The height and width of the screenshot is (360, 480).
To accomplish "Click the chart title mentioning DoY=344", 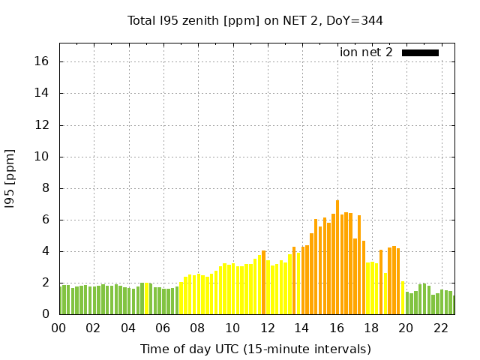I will (255, 21).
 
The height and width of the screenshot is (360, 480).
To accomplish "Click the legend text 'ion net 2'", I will (366, 52).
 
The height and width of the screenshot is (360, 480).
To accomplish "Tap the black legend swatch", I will (420, 52).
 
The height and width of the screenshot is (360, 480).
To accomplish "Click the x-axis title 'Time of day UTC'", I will (255, 349).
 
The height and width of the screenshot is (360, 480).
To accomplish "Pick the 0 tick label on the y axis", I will (46, 314).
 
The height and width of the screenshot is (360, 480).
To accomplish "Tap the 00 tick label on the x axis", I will (58, 328).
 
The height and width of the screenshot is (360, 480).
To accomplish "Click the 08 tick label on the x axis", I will (197, 328).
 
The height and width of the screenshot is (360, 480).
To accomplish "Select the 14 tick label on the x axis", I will (301, 328).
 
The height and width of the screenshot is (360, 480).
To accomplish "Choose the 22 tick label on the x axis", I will (440, 328).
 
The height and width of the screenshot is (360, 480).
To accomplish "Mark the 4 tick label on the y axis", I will (46, 251).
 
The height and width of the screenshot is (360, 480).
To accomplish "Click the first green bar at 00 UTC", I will (61, 300).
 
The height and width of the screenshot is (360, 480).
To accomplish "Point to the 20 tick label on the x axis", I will (406, 328).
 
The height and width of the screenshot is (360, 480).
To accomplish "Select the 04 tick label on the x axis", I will (128, 328).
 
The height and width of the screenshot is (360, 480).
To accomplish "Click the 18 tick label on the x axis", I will (371, 328).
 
